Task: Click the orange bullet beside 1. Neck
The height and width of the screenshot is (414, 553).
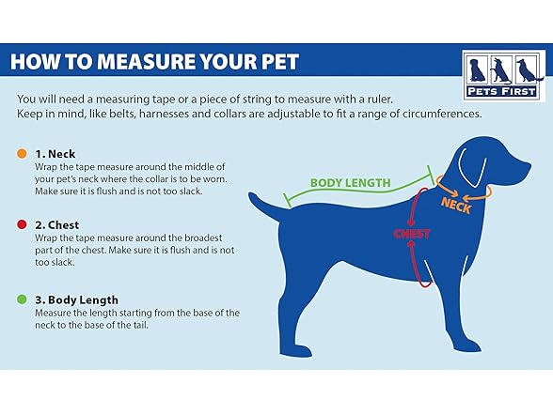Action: tap(22, 154)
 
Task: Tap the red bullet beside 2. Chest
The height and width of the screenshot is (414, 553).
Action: tap(22, 224)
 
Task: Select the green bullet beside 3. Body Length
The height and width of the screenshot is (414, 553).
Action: tap(22, 299)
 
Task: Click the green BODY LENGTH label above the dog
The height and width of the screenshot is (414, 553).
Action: tap(350, 183)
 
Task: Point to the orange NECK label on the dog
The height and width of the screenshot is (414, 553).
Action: tap(456, 206)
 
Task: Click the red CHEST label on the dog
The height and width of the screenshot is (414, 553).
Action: tap(412, 234)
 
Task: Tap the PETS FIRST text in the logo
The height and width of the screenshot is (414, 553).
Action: tap(501, 92)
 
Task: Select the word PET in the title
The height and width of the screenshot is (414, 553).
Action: tap(280, 62)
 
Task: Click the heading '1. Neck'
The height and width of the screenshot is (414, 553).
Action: tap(55, 154)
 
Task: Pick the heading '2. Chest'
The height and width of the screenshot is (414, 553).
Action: tap(56, 225)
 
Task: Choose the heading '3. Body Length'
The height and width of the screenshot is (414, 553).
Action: tap(76, 300)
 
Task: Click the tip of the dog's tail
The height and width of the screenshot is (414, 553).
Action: tap(250, 194)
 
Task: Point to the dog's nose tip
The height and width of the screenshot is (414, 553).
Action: tap(529, 165)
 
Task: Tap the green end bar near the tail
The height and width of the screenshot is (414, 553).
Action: tap(288, 200)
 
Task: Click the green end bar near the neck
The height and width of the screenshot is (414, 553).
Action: tap(431, 174)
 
